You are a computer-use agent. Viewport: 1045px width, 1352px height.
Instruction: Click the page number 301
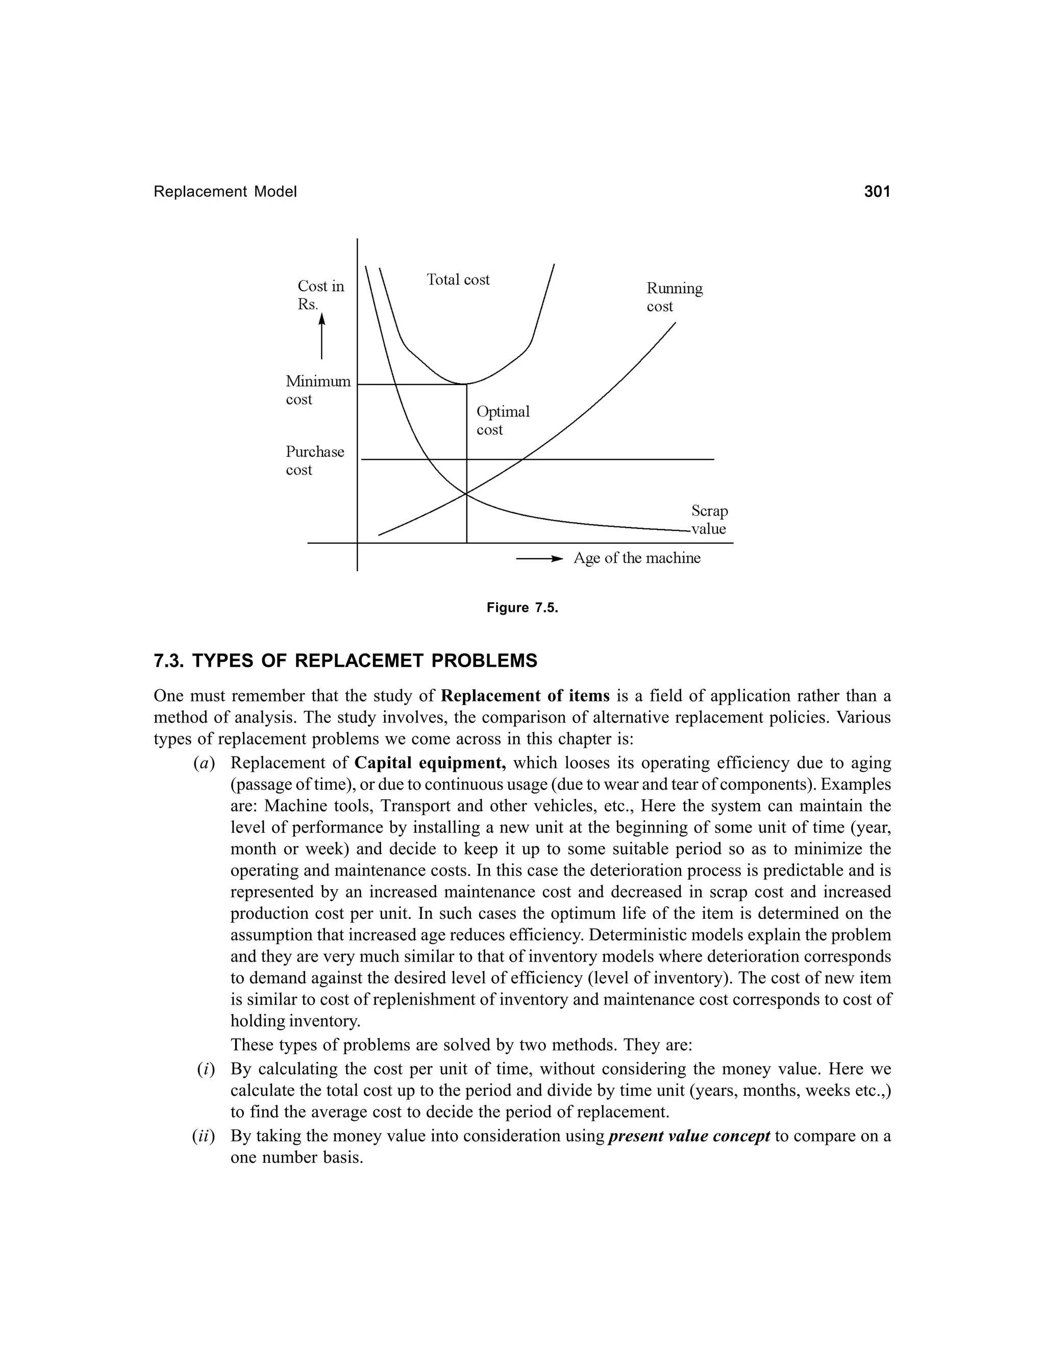coord(877,192)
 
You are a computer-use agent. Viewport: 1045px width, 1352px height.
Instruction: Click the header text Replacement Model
coord(226,192)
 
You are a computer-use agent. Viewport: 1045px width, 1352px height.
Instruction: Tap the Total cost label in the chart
coord(458,280)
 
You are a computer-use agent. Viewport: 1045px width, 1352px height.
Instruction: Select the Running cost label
coord(674,297)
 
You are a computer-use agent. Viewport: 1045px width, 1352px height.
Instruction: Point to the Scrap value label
coord(709,520)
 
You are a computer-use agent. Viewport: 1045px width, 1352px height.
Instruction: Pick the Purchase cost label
coord(314,461)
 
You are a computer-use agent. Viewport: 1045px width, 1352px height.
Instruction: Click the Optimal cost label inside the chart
coord(502,420)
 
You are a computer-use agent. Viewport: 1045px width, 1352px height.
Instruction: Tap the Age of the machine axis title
coord(636,558)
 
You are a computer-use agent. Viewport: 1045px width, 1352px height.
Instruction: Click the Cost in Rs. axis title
coord(320,295)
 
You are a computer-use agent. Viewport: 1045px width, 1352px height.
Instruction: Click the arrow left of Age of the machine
coord(539,558)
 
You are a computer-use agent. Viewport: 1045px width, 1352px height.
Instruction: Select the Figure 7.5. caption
coord(522,608)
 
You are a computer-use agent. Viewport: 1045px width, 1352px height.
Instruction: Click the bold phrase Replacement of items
coord(525,696)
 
